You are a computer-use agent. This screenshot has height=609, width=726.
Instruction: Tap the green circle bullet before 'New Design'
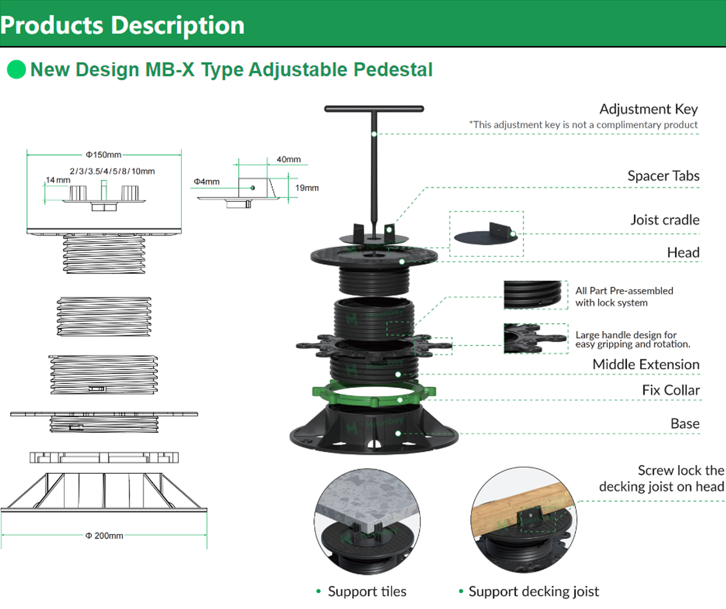(x=16, y=69)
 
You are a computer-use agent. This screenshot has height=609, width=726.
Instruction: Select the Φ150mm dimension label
(x=103, y=155)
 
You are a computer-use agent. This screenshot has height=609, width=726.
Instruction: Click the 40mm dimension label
(x=288, y=159)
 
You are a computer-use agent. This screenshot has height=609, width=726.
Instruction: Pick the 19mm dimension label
(x=307, y=188)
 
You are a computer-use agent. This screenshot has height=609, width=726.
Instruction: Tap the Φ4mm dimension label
(x=207, y=182)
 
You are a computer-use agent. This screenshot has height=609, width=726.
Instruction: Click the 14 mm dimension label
(x=58, y=180)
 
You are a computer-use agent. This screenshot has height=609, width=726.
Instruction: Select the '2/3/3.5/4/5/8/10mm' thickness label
(x=112, y=171)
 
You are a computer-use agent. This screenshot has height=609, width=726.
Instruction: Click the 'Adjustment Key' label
(x=649, y=109)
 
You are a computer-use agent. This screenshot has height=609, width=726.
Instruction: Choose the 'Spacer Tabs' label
(x=663, y=176)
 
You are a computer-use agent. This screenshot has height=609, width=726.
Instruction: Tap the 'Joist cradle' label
(x=664, y=220)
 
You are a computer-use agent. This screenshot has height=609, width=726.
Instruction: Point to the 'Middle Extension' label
(x=646, y=364)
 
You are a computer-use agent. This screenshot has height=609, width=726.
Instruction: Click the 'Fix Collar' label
(x=671, y=390)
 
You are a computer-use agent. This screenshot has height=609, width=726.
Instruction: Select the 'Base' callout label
(x=685, y=424)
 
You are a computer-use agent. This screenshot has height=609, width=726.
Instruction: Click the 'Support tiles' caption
(x=367, y=591)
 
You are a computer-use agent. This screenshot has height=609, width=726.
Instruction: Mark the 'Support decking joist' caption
(x=533, y=591)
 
